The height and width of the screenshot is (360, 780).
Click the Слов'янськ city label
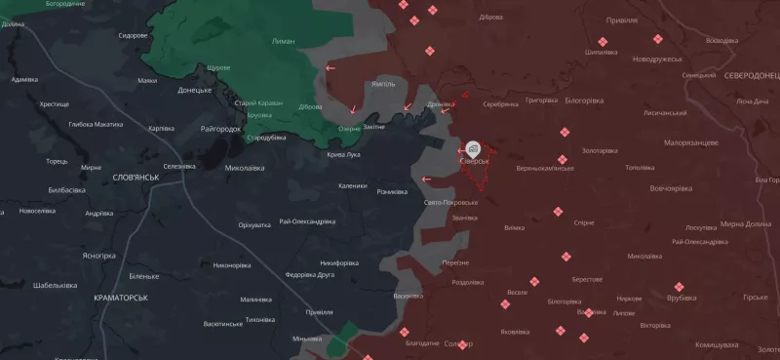coord(136,177)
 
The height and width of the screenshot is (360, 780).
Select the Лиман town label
coord(284,41)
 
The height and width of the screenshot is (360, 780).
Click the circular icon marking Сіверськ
coord(473,148)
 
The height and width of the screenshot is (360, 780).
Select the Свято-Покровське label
coord(451,202)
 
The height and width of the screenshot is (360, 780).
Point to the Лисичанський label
coord(639,112)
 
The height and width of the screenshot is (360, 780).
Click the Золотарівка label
coord(600,150)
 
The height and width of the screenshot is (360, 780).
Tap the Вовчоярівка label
coord(645,186)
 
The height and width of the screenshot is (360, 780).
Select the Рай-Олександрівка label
coord(307,221)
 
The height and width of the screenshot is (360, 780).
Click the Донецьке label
coord(194,91)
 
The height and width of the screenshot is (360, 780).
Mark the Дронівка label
coord(442,103)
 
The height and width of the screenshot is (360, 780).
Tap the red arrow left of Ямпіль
coord(331,68)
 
